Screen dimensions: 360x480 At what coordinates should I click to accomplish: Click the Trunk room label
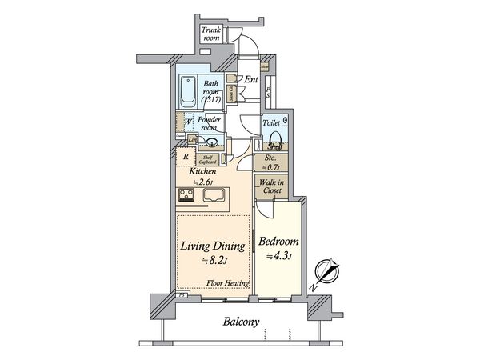(210, 33)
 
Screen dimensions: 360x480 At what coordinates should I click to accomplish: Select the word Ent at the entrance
(250, 79)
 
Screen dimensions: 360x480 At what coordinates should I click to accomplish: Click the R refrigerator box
(186, 158)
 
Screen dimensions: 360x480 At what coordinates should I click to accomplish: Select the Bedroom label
(279, 241)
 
